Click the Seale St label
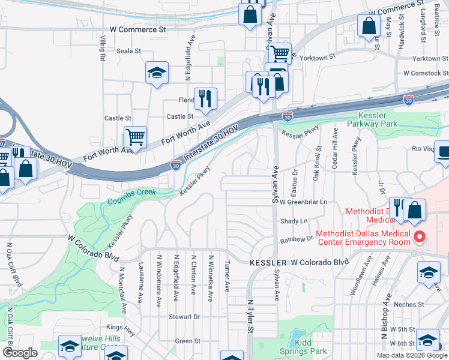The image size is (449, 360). [x=128, y=51]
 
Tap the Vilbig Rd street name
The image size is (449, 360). [x=103, y=50]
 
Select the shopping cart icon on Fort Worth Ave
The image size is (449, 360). [x=136, y=137]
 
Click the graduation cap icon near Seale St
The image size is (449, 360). [x=157, y=73]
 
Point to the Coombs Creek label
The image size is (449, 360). [x=131, y=193]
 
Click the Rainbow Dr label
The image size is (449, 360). [x=297, y=238]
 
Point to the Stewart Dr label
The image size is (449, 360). [x=184, y=316]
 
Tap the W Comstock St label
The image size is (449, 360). [x=426, y=73]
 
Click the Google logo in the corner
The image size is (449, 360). [x=20, y=353]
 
